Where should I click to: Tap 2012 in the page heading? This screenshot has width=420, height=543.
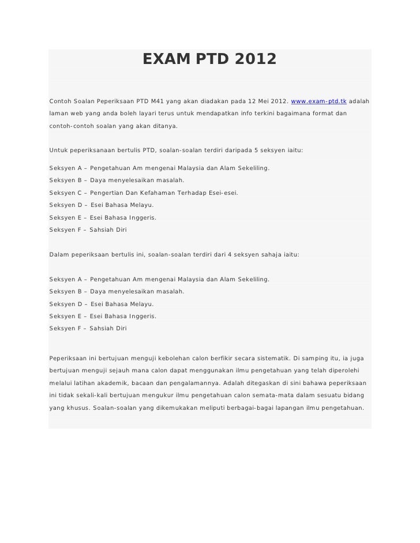point(254,59)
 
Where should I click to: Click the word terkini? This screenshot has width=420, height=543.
point(265,113)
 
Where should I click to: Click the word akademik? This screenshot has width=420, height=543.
point(111,383)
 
